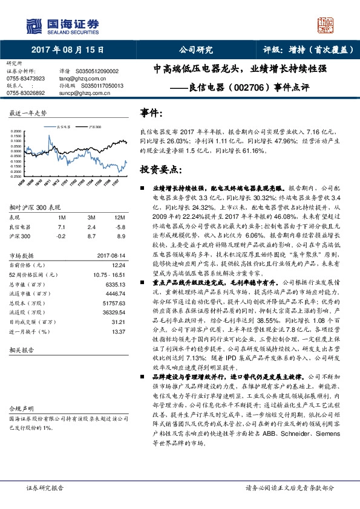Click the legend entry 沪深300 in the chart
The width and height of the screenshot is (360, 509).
[x=95, y=127]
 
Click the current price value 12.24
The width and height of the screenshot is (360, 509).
[x=119, y=264]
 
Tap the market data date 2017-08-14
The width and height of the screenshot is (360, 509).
[x=112, y=255]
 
